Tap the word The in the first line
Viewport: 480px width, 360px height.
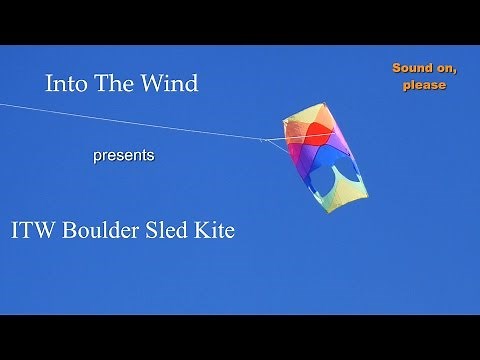[x=115, y=84]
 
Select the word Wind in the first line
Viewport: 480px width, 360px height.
[x=169, y=84]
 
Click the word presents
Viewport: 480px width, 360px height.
[x=123, y=156]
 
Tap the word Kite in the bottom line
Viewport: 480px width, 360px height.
[x=217, y=230]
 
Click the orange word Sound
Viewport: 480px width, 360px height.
[x=411, y=68]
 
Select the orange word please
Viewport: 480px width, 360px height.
[x=424, y=85]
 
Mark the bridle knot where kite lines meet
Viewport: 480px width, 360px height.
[x=265, y=139]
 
